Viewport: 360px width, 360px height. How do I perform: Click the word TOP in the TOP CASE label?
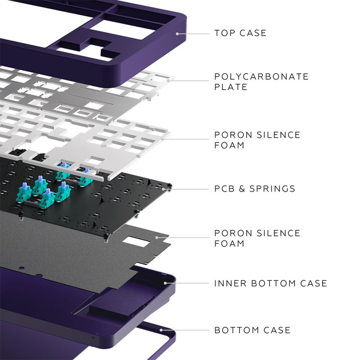coord(224,33)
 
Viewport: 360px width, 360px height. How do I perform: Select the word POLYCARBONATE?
coord(261,76)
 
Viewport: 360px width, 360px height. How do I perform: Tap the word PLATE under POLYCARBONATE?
coord(231,87)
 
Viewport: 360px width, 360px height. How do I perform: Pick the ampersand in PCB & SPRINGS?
coord(243,189)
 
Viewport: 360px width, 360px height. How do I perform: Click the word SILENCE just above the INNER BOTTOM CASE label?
coord(278,233)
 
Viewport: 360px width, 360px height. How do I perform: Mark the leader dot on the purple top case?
coord(179,33)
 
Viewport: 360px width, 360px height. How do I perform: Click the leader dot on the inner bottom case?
coord(166,283)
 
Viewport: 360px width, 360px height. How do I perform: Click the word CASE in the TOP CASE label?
coord(253,33)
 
